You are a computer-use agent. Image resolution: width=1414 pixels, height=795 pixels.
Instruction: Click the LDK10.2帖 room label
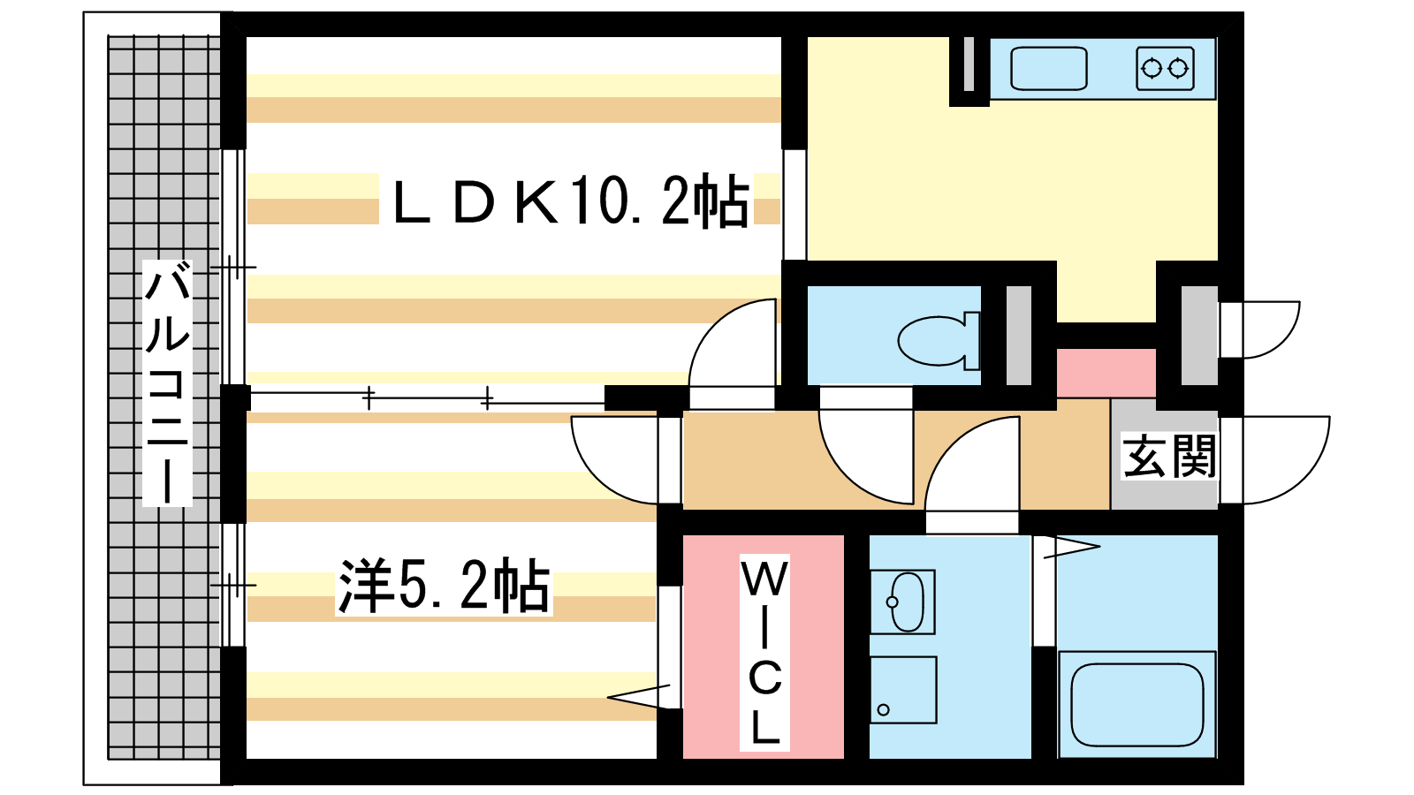click(571, 201)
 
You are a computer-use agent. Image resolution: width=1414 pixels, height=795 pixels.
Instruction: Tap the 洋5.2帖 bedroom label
click(444, 586)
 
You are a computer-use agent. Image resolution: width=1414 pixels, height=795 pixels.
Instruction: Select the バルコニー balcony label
click(167, 382)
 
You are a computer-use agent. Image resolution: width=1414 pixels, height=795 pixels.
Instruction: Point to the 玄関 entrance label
click(1168, 457)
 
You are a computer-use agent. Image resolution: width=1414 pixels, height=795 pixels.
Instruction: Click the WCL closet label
click(764, 653)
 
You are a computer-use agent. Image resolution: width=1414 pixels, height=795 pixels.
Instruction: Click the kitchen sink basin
click(1048, 68)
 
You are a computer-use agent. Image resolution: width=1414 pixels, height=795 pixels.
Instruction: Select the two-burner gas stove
click(1165, 68)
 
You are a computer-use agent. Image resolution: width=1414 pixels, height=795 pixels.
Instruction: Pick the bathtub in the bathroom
click(1137, 704)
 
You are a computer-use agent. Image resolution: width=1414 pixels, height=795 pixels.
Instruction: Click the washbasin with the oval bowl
click(903, 602)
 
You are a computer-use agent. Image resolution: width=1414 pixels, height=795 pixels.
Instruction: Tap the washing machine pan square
click(902, 690)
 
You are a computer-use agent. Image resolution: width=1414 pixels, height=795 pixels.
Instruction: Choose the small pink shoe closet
click(1106, 373)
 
